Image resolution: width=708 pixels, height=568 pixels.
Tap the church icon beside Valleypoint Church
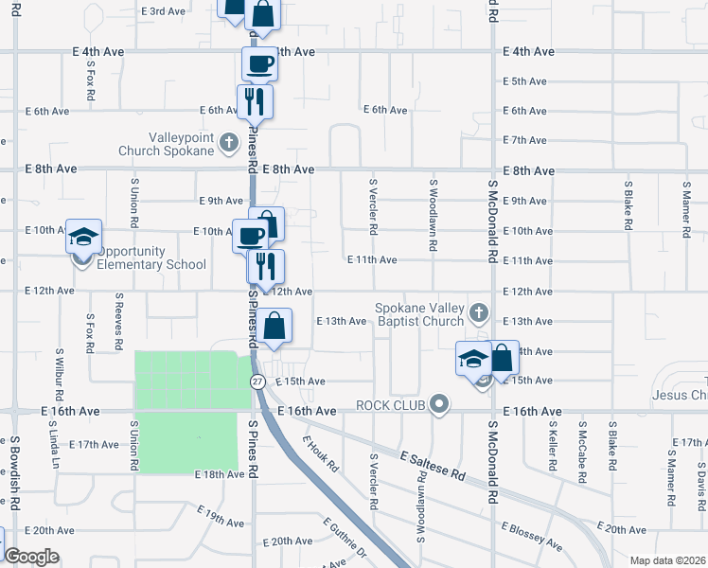[228, 144]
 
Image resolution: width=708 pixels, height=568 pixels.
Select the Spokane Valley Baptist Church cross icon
[479, 312]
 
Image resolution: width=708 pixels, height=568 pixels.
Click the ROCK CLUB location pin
[437, 405]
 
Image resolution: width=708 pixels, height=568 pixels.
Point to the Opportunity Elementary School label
[151, 257]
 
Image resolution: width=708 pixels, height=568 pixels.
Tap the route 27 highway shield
[257, 382]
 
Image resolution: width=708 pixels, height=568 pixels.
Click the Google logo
[31, 557]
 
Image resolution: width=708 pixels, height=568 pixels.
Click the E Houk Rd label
[321, 454]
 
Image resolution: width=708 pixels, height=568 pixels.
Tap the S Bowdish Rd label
[16, 465]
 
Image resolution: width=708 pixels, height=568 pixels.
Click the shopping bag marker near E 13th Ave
[274, 326]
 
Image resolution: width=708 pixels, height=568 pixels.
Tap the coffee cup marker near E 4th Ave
[259, 64]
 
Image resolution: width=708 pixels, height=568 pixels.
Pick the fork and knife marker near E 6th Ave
[254, 101]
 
